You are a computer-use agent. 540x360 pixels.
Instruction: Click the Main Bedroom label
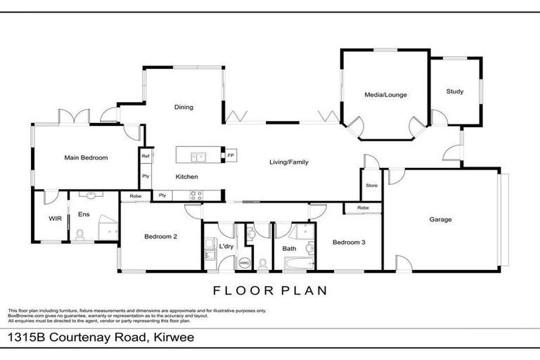86,158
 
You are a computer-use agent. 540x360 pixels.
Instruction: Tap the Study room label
455,91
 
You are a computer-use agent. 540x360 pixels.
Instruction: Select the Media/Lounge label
385,95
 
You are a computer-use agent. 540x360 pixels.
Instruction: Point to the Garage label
441,219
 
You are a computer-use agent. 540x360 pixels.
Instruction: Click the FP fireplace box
231,155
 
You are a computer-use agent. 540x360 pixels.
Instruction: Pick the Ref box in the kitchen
146,156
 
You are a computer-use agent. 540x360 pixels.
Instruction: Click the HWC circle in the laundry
245,262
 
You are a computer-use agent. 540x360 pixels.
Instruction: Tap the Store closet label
371,186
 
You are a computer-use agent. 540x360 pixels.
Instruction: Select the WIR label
56,219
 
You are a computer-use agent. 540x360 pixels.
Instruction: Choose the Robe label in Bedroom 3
363,208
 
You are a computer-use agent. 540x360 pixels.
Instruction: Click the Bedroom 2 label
160,237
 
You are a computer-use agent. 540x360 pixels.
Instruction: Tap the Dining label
184,108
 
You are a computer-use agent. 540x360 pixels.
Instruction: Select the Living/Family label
289,162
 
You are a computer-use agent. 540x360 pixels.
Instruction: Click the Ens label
84,214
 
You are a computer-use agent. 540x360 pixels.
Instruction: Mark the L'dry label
226,247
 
